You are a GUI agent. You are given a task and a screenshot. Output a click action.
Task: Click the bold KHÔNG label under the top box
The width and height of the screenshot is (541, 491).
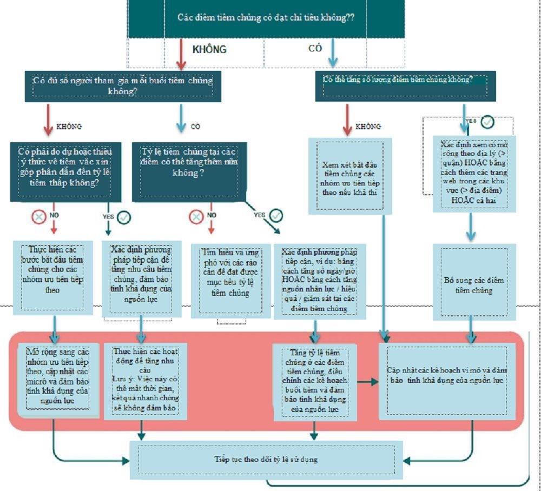pos(209,49)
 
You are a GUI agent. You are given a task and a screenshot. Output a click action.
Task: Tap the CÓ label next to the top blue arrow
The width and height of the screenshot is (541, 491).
pos(315,48)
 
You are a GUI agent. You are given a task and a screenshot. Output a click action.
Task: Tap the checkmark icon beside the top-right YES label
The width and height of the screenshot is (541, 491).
pos(487,122)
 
